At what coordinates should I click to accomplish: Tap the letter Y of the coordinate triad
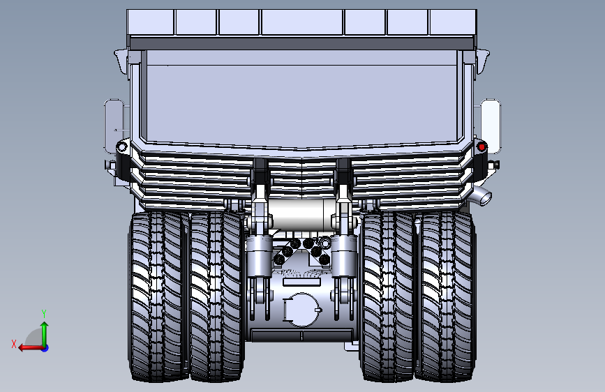[43, 313]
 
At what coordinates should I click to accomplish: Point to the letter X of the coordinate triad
[13, 343]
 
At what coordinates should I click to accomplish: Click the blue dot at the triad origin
[44, 347]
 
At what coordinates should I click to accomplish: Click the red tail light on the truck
[481, 146]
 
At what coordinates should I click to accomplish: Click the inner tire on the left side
[215, 296]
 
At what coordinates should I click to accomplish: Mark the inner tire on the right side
[387, 296]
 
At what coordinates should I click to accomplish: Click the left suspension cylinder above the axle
[259, 255]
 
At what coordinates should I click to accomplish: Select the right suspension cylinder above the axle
[343, 255]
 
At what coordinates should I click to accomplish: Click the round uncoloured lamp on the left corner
[121, 147]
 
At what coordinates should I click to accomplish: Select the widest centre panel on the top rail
[302, 22]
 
